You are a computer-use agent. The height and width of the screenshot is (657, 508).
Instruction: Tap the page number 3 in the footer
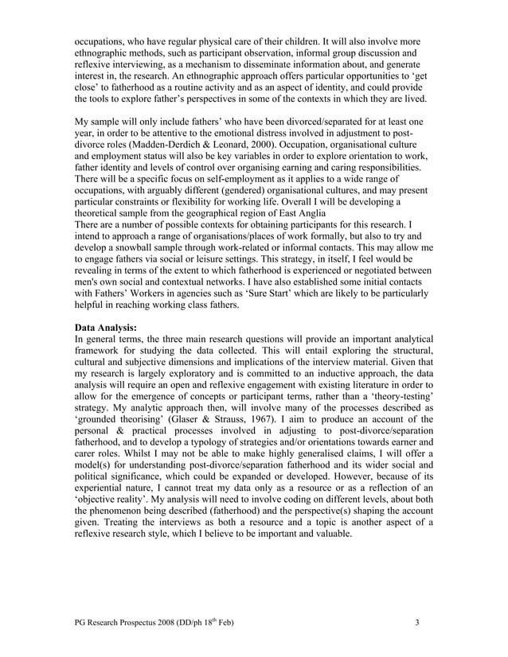(418, 622)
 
